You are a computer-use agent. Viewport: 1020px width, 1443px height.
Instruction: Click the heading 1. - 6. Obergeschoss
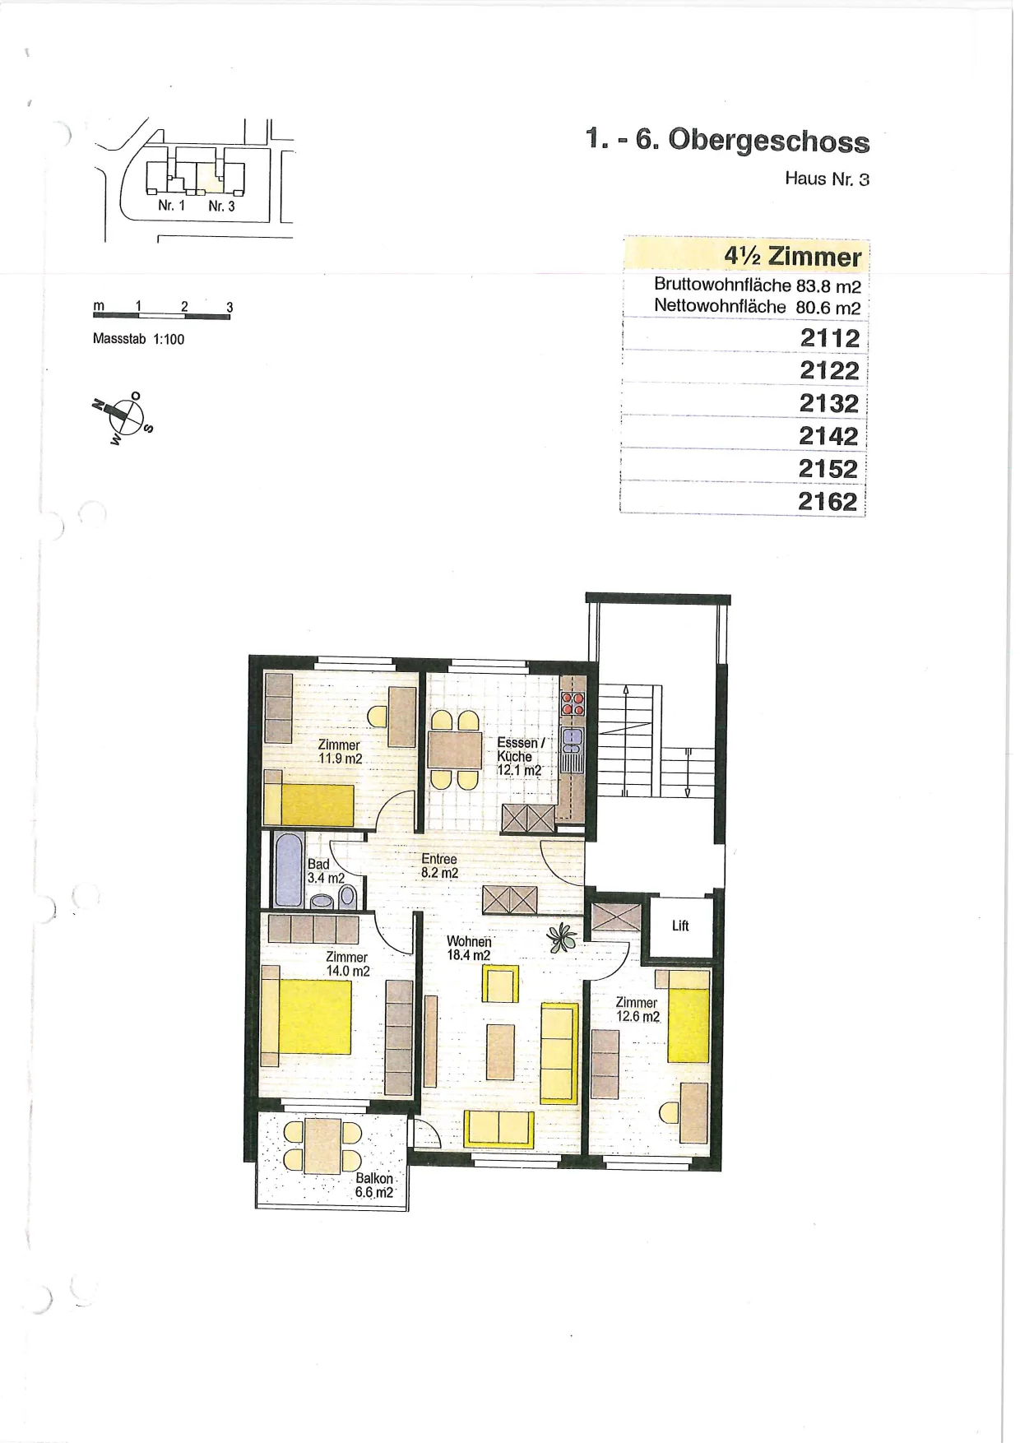pyautogui.click(x=728, y=140)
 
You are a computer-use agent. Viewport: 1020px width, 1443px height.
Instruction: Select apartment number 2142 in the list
pyautogui.click(x=828, y=436)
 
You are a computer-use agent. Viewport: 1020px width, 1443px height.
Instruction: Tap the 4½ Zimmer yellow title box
pyautogui.click(x=746, y=255)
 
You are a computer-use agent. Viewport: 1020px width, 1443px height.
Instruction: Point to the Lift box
pyautogui.click(x=680, y=926)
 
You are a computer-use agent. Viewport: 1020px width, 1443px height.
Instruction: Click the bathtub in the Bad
pyautogui.click(x=289, y=870)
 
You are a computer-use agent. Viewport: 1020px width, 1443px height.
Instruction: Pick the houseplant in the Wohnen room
pyautogui.click(x=562, y=937)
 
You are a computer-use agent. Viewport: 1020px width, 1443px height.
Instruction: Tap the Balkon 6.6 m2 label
pyautogui.click(x=374, y=1185)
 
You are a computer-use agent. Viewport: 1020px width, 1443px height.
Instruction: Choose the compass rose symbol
pyautogui.click(x=123, y=416)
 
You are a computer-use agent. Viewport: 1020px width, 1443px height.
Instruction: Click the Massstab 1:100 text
pyautogui.click(x=138, y=339)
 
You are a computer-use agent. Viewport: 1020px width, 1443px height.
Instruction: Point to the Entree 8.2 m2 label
pyautogui.click(x=439, y=865)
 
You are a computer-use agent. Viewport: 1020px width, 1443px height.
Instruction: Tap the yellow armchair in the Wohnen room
pyautogui.click(x=500, y=984)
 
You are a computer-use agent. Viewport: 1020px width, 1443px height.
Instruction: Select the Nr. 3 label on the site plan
pyautogui.click(x=221, y=206)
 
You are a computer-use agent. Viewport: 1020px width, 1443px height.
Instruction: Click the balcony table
pyautogui.click(x=322, y=1145)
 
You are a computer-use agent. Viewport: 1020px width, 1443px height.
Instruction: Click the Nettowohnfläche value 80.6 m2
pyautogui.click(x=828, y=308)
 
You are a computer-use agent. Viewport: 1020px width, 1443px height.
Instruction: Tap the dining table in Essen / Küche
pyautogui.click(x=455, y=749)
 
